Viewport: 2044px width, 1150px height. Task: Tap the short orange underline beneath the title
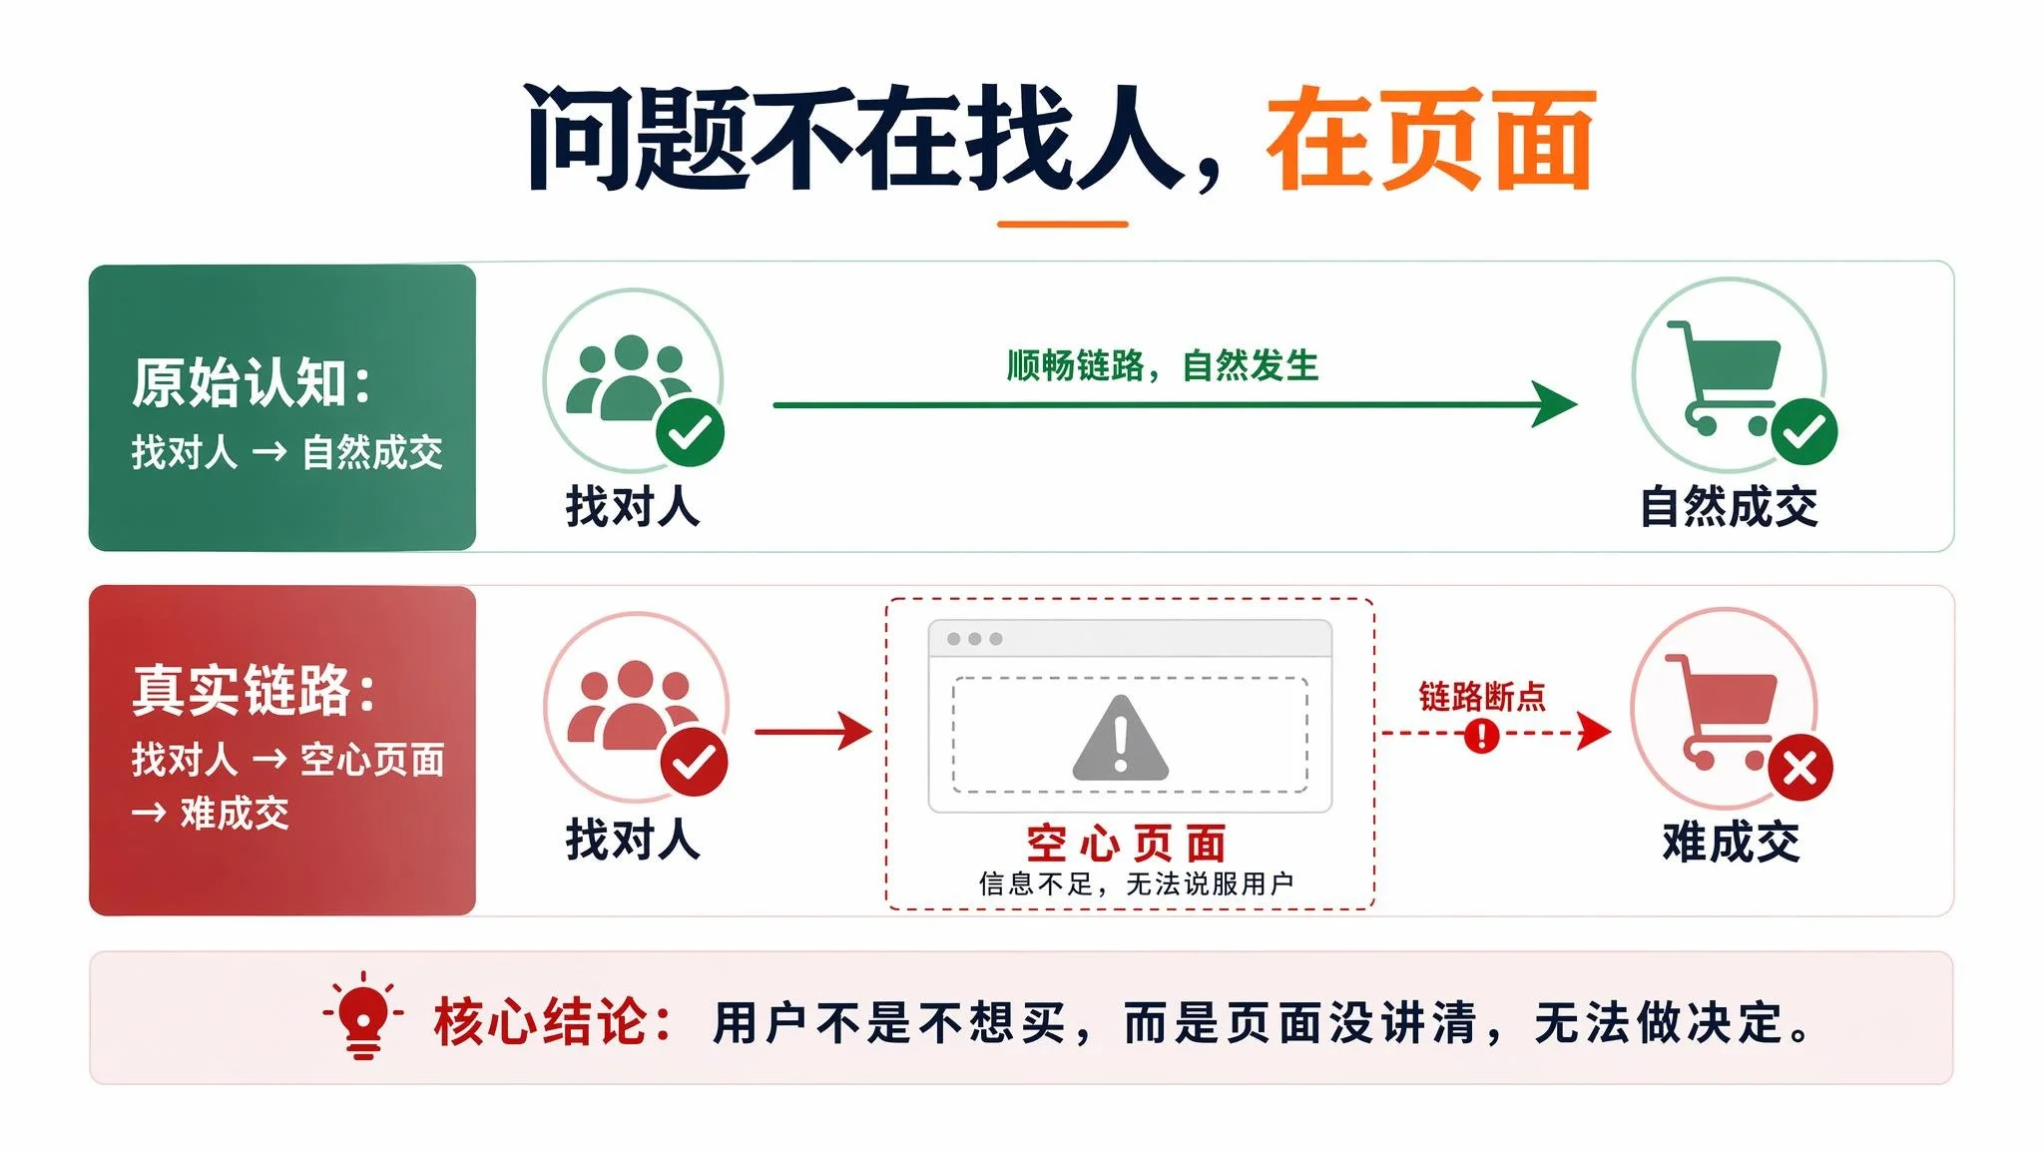1062,225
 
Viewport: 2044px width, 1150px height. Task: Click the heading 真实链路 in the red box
242,690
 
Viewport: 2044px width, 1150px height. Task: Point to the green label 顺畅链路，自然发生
1162,366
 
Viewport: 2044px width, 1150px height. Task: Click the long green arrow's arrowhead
1555,404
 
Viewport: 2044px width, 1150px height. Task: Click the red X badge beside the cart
1800,769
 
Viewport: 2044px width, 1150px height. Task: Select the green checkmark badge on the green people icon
690,432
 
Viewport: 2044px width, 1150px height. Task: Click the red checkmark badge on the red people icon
695,763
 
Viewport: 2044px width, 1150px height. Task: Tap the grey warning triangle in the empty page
1120,738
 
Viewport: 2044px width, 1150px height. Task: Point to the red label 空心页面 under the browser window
1127,845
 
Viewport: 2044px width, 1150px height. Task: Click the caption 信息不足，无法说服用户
1137,884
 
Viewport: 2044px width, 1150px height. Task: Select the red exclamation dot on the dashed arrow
1482,736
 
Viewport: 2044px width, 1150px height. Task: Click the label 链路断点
1482,696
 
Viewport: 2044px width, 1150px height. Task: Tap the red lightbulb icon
363,1015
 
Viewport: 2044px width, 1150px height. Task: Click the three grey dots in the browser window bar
975,639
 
